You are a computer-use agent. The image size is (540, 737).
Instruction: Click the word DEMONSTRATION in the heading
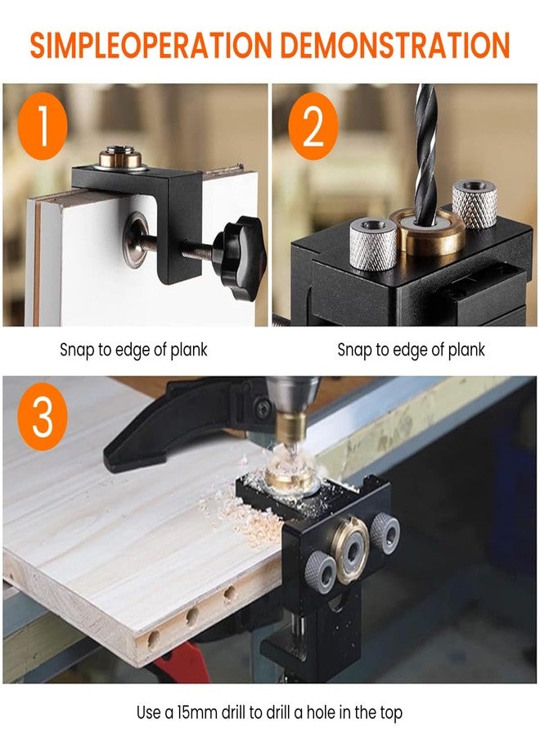tap(396, 45)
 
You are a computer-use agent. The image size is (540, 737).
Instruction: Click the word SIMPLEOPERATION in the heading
tap(151, 45)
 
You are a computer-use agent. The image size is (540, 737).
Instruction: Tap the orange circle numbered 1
tap(43, 126)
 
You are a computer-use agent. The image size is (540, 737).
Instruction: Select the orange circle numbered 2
tap(313, 126)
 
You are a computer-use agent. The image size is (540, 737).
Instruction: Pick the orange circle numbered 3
tap(43, 417)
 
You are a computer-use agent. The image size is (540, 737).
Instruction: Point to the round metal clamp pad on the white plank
tap(136, 240)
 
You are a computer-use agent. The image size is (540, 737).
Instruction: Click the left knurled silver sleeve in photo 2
tap(373, 243)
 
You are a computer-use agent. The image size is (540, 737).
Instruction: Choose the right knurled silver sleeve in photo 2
tap(475, 203)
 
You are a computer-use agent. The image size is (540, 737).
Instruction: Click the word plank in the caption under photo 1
tap(189, 350)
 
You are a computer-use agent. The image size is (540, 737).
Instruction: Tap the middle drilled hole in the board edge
tap(191, 616)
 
